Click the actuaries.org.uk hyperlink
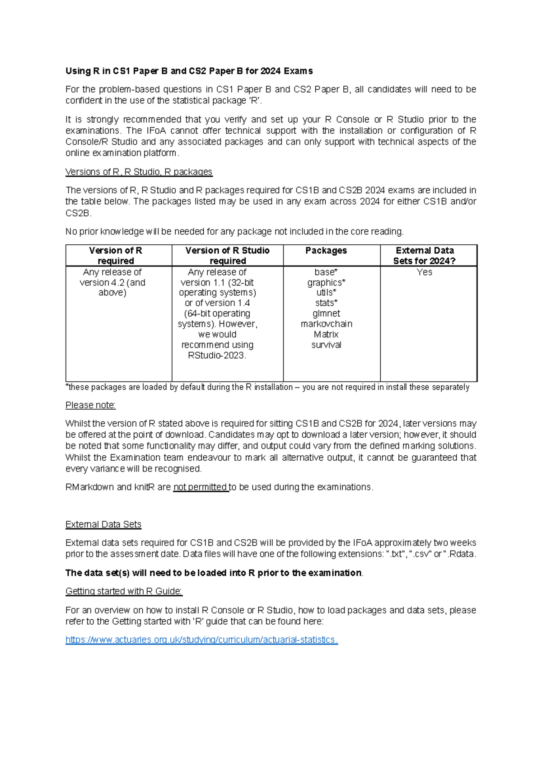click(201, 640)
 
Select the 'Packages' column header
click(326, 251)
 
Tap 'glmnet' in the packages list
click(326, 313)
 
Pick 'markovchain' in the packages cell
click(326, 324)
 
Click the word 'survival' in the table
click(326, 345)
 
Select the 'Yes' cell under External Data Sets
click(424, 272)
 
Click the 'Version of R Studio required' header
click(228, 256)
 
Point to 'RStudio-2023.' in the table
click(217, 355)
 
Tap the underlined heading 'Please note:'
click(90, 405)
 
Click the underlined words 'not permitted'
click(201, 487)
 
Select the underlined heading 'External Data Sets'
click(103, 524)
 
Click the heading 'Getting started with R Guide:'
click(124, 591)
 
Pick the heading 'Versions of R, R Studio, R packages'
click(139, 172)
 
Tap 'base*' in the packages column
click(326, 272)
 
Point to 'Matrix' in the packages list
click(326, 334)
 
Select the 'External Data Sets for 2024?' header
click(425, 256)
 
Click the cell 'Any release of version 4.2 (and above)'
click(112, 282)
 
